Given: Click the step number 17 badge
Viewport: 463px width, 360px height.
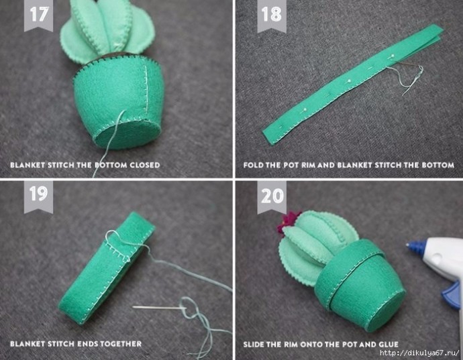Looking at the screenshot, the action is [x=38, y=15].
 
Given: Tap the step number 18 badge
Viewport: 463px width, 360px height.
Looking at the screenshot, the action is [x=272, y=15].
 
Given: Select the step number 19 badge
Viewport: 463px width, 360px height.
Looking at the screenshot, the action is [x=38, y=196].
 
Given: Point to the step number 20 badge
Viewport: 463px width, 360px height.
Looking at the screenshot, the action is [x=272, y=196].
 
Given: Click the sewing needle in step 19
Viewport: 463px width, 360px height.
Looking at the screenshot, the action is [x=160, y=308].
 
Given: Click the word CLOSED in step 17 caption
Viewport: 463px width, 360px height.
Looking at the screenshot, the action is [x=145, y=165].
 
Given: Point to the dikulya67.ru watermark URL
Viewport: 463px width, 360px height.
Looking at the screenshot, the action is [x=419, y=353].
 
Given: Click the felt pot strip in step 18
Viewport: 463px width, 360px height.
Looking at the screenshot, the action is [x=353, y=84].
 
